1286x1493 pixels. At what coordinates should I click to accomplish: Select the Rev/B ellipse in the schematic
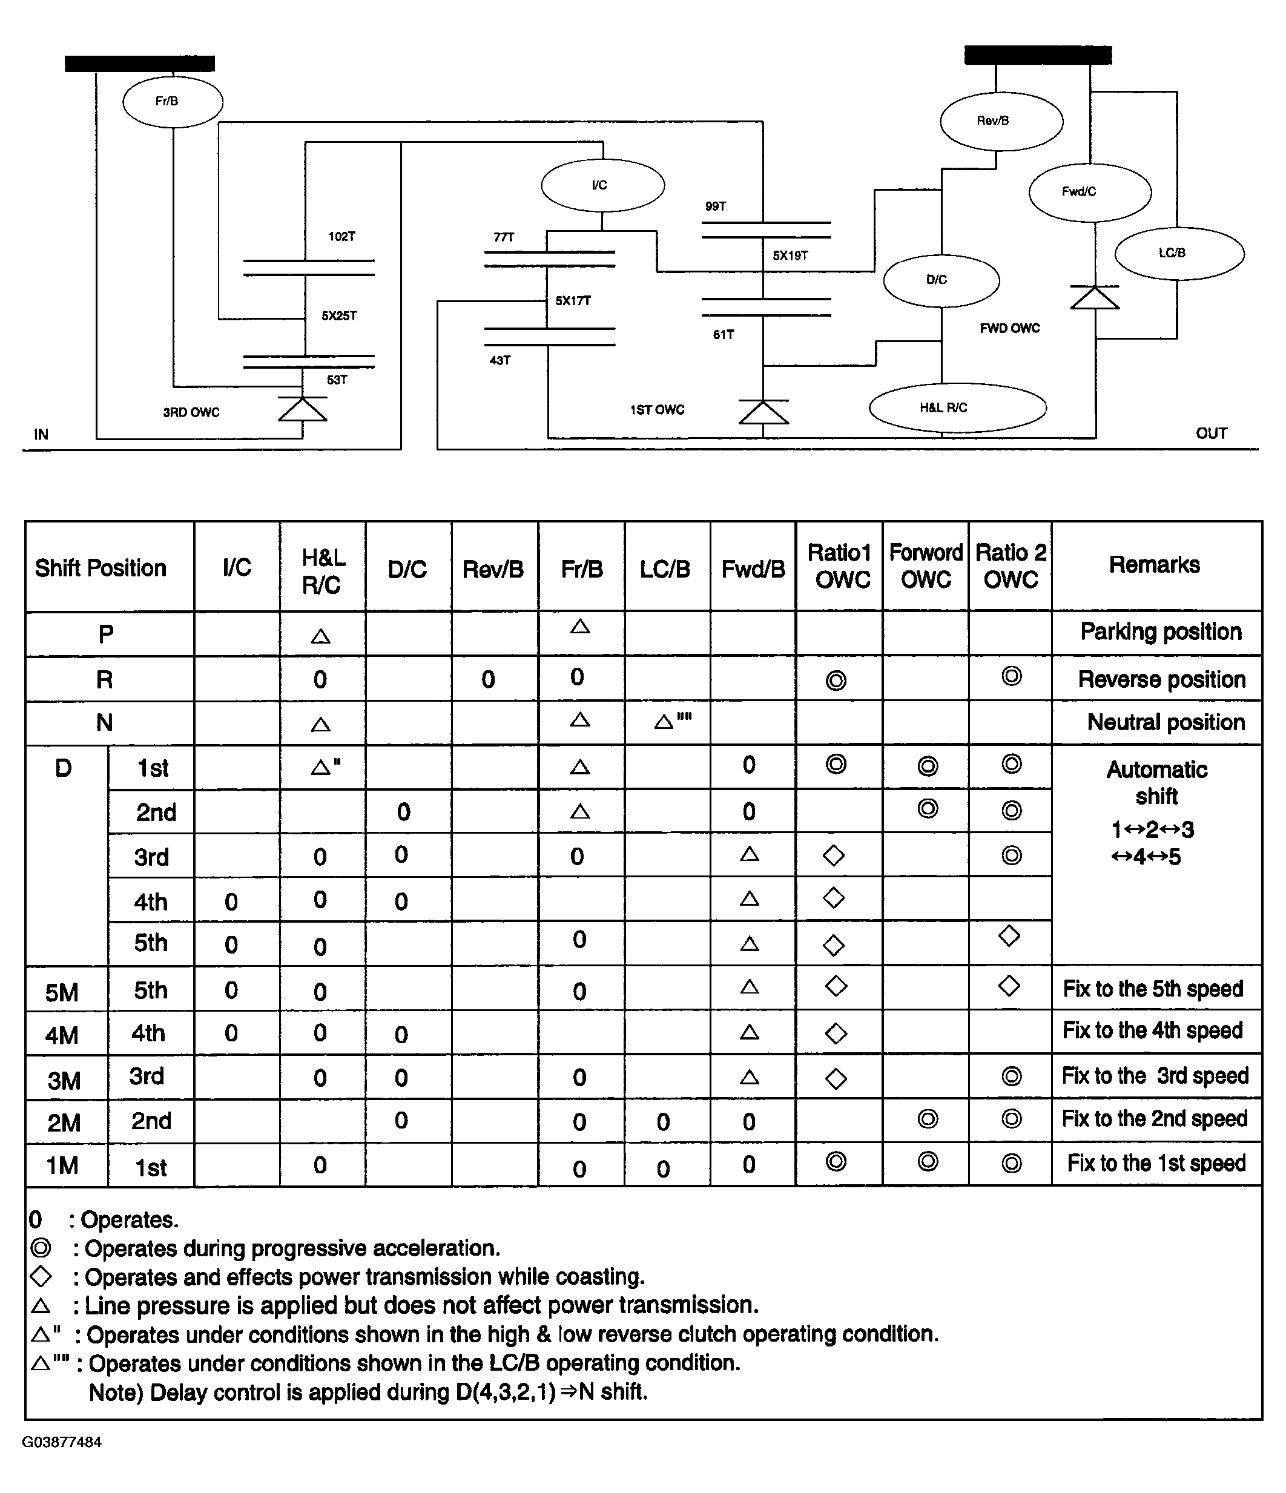click(x=1001, y=121)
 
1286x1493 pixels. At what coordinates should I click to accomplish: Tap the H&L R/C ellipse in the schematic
click(x=957, y=408)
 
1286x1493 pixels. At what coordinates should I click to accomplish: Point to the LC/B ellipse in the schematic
click(x=1179, y=253)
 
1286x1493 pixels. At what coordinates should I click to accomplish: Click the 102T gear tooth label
click(x=341, y=236)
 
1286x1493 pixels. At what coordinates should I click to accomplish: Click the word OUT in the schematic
click(x=1211, y=433)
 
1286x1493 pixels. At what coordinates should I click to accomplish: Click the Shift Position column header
click(x=101, y=568)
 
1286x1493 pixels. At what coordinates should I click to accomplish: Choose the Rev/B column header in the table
click(x=493, y=569)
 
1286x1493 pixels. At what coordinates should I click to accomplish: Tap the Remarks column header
click(x=1154, y=565)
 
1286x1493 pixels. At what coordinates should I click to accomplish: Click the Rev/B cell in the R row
click(x=489, y=679)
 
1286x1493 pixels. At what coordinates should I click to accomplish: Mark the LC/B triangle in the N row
click(x=664, y=721)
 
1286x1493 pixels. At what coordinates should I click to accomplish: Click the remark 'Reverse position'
click(x=1161, y=679)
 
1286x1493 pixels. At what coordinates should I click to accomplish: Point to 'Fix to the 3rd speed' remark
click(x=1154, y=1076)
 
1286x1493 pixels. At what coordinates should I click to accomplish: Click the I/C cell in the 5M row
click(x=231, y=990)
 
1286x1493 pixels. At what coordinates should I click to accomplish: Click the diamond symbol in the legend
click(x=41, y=1276)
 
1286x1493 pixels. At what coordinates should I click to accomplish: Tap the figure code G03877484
click(x=62, y=1442)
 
